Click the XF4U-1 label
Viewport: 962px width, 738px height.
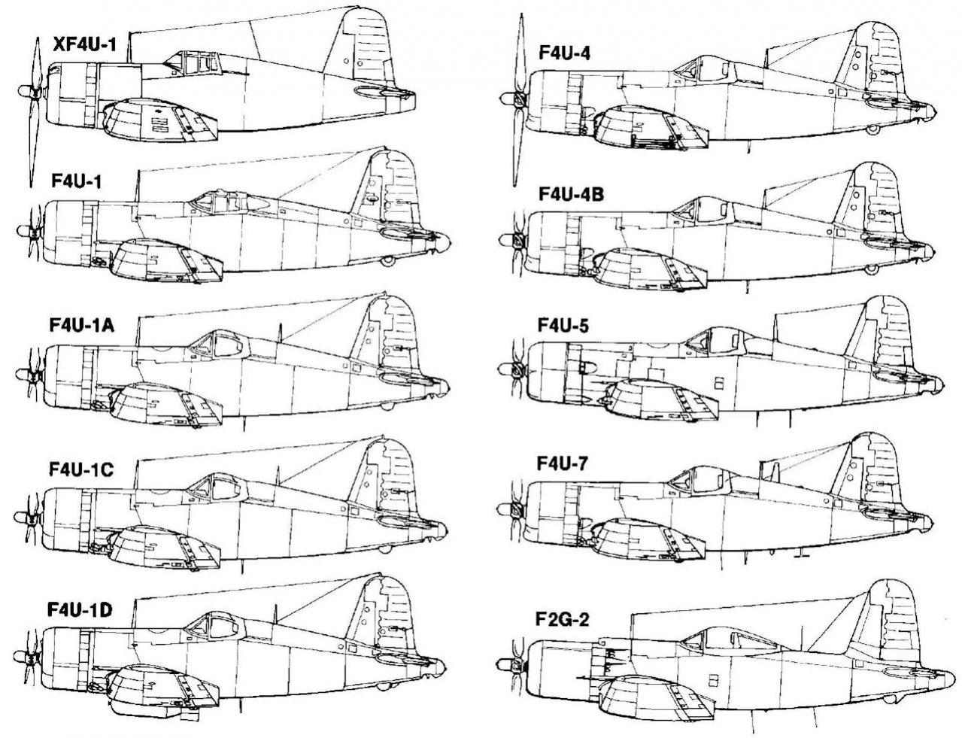pos(84,44)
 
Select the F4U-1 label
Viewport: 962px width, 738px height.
pos(77,181)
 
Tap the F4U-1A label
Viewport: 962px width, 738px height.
pos(82,326)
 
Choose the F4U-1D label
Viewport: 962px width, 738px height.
pos(80,610)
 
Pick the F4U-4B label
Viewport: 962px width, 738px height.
pos(571,194)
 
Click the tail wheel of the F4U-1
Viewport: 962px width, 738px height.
pos(388,261)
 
